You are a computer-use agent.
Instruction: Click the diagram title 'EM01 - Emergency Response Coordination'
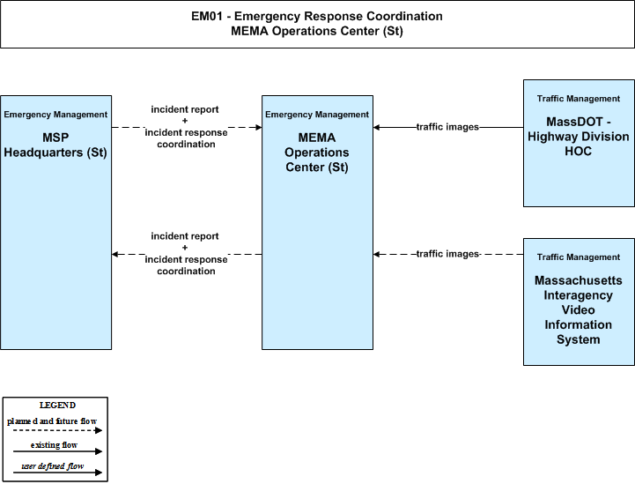[317, 16]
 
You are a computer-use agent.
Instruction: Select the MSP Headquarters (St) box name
[55, 145]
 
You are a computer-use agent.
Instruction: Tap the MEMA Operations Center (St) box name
[317, 153]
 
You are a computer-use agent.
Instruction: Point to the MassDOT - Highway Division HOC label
[579, 136]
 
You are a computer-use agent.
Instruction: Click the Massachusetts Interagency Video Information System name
[579, 309]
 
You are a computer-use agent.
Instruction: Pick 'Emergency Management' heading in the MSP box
[55, 115]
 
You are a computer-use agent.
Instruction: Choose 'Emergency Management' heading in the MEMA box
[317, 115]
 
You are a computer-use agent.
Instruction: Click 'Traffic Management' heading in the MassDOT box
[579, 99]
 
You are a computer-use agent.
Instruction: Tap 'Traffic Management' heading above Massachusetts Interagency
[579, 257]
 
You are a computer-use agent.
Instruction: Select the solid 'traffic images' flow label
[447, 127]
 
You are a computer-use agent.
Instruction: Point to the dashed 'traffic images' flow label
[447, 254]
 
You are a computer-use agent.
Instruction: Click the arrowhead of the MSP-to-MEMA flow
[259, 128]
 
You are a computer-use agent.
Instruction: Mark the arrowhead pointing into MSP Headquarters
[115, 255]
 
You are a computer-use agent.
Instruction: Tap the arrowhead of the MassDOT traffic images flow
[377, 128]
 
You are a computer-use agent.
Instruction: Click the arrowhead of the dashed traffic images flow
[377, 255]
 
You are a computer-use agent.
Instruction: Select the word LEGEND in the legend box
[57, 406]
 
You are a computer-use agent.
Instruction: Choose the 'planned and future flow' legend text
[52, 421]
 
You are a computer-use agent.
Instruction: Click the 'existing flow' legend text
[54, 445]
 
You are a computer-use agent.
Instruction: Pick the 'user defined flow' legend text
[53, 466]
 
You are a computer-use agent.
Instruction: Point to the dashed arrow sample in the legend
[57, 430]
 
